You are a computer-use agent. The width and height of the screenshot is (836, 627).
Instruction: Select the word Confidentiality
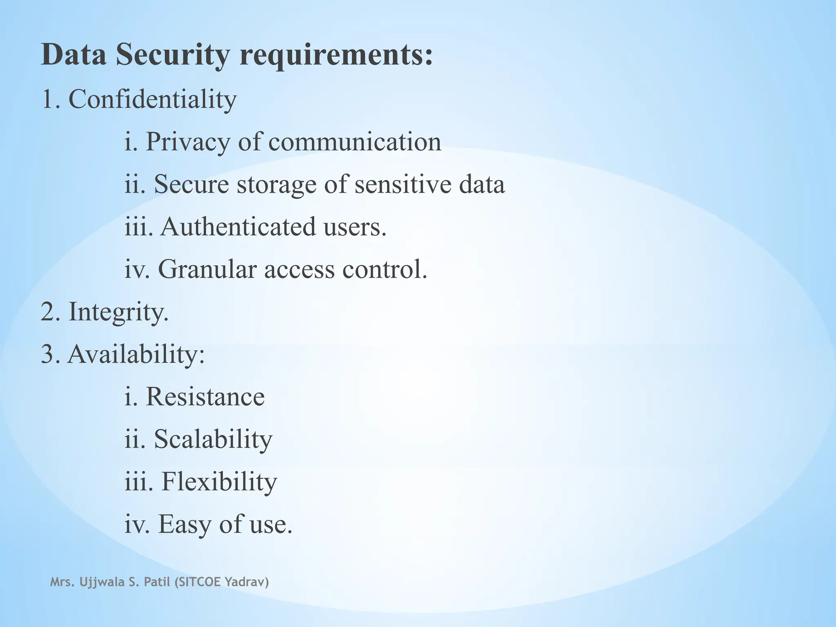pos(152,99)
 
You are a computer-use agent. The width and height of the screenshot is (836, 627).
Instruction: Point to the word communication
pos(355,142)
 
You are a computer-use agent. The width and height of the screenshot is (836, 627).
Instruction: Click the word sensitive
pos(403,184)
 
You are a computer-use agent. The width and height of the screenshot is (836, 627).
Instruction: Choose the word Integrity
pos(118,312)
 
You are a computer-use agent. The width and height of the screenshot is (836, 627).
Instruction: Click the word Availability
pos(136,354)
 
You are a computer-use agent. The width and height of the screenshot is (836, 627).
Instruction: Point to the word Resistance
pos(205,396)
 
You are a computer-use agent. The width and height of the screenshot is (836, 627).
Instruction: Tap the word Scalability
pos(213,439)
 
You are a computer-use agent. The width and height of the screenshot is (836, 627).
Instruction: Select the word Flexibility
pos(219,482)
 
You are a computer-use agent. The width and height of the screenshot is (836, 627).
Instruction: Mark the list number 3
pos(48,354)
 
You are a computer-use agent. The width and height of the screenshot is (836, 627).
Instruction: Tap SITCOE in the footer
pos(198,582)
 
